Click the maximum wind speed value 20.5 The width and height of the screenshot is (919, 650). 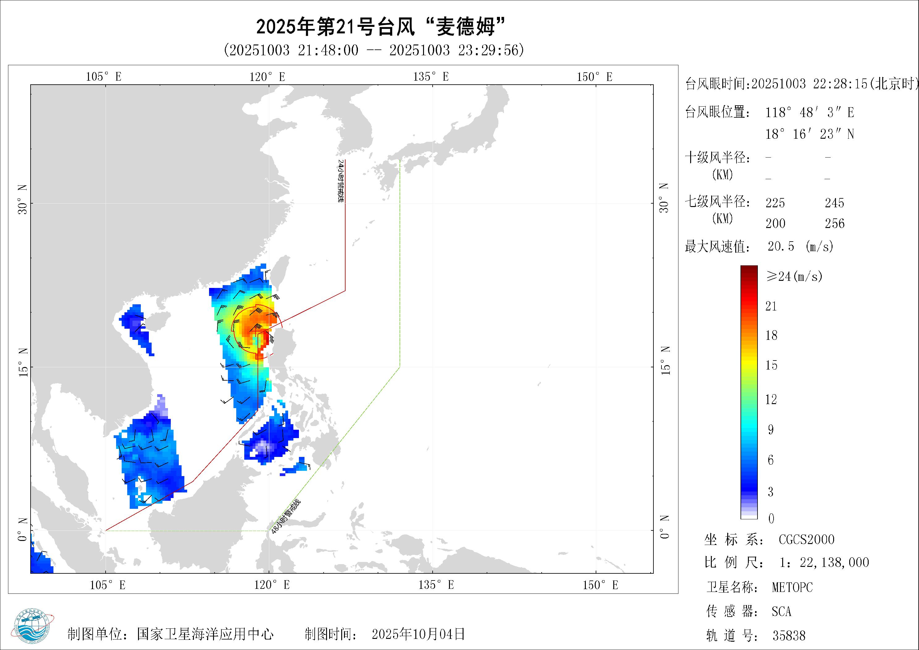coord(781,246)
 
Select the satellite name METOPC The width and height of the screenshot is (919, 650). coord(792,587)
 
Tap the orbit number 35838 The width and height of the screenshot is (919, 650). coord(788,635)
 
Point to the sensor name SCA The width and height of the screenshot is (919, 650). coord(781,611)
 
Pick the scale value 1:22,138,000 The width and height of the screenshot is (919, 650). coord(824,563)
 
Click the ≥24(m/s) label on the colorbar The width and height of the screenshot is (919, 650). coord(794,276)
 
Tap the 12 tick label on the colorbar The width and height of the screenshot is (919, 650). coord(771,399)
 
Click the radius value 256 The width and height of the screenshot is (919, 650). coord(835,223)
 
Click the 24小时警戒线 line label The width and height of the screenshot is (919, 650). coord(341,181)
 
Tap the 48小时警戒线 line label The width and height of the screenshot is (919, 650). coord(286,517)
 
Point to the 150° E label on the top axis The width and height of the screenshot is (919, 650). coord(594,77)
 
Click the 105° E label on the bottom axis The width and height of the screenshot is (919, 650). coord(107,585)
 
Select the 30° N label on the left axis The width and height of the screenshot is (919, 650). coord(23,200)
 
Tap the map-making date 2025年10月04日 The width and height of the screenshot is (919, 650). coord(418,634)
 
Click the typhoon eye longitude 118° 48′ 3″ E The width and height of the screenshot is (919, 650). coord(810,112)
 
